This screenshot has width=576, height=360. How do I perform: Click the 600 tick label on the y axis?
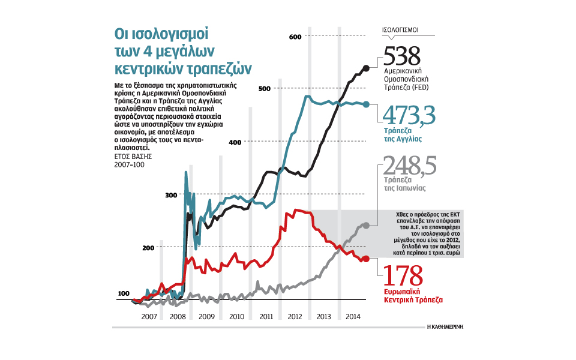click(295, 37)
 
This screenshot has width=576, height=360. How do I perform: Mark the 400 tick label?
click(236, 142)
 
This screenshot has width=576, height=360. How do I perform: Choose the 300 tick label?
click(171, 195)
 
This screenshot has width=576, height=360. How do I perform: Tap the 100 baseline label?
click(123, 293)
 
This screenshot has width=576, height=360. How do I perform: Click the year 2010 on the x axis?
click(236, 316)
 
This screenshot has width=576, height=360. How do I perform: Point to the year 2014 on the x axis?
click(353, 316)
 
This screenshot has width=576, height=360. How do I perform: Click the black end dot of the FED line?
click(367, 68)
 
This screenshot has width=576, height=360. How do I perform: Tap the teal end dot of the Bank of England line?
click(367, 104)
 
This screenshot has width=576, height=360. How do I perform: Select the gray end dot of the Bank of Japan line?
click(367, 225)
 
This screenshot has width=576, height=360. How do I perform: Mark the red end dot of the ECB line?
click(367, 259)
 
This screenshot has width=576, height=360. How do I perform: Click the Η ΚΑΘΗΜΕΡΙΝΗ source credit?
click(446, 327)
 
